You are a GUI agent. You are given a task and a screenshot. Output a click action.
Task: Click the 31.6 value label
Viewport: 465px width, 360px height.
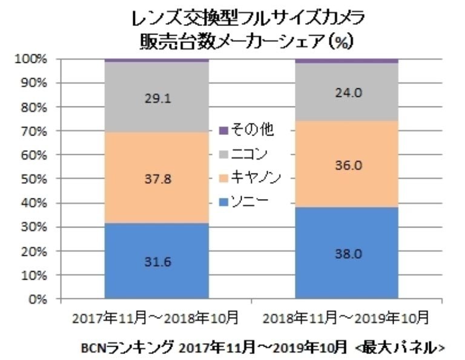pos(156,261)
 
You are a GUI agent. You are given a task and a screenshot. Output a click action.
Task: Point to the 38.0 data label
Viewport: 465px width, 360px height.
pos(347,255)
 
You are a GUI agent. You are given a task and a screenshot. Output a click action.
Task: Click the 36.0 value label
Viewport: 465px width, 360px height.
pos(347,165)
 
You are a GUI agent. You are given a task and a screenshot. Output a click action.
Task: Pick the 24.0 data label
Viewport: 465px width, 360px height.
pos(347,93)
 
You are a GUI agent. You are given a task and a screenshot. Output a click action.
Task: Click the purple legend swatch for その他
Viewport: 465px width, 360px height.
pos(222,129)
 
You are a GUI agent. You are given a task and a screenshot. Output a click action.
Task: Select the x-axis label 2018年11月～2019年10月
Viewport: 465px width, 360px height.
pos(346,318)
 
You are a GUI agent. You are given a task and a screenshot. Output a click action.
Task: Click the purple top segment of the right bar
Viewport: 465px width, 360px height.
pos(347,61)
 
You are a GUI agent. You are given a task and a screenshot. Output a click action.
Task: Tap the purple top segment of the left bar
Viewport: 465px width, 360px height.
pos(156,61)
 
